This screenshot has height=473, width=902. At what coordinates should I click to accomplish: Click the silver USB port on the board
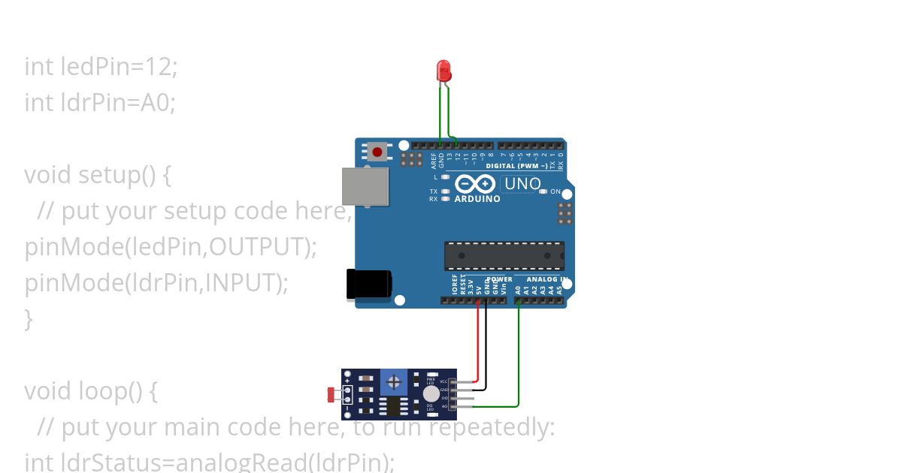click(x=365, y=186)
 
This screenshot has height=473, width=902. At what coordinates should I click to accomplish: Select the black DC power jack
click(x=368, y=284)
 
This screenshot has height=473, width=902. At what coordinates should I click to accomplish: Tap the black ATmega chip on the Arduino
click(x=504, y=256)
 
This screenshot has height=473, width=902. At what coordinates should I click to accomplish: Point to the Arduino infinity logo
click(x=475, y=184)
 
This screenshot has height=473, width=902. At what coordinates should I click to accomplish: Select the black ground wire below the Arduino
click(x=486, y=345)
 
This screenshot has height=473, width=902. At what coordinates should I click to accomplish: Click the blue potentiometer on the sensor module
click(x=393, y=382)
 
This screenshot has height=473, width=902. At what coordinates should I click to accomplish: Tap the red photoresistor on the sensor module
click(x=331, y=393)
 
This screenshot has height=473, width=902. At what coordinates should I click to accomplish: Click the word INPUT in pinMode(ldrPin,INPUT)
click(x=243, y=283)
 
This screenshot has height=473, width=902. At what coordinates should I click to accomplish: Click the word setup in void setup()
click(x=110, y=175)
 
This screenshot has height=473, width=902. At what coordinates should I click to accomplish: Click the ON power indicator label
click(x=555, y=192)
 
